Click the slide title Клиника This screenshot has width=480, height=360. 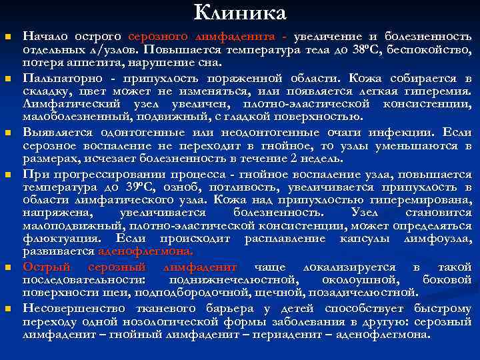240,13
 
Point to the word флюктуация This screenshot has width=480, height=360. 53,239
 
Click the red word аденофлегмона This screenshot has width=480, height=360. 145,252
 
